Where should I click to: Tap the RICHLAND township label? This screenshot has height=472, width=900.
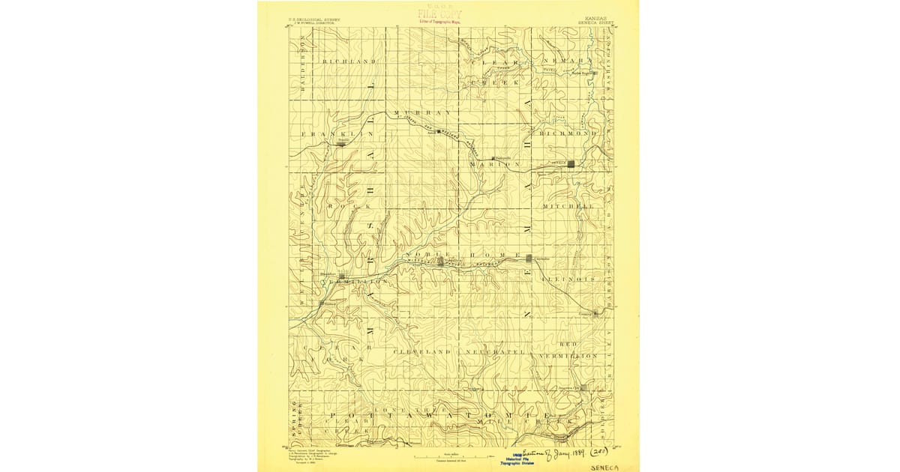click(349, 61)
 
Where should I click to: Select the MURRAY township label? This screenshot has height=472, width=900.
click(421, 113)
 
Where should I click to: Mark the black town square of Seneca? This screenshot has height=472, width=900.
click(571, 163)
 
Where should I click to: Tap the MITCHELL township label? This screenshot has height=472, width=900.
click(574, 206)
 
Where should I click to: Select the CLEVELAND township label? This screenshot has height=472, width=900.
click(422, 351)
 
